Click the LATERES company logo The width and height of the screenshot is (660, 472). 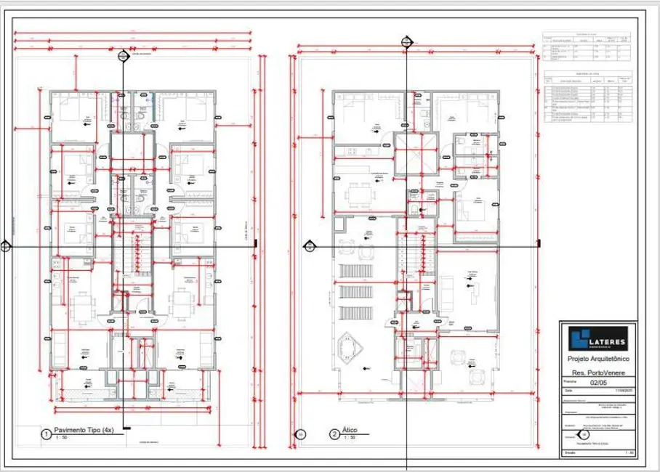pyautogui.click(x=597, y=338)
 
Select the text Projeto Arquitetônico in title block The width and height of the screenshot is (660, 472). pyautogui.click(x=597, y=359)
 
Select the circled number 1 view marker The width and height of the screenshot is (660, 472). pyautogui.click(x=46, y=435)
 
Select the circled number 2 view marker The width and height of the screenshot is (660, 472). pyautogui.click(x=334, y=435)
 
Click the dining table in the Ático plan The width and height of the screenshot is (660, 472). pyautogui.click(x=358, y=194)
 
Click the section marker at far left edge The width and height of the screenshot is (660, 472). pyautogui.click(x=6, y=246)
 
